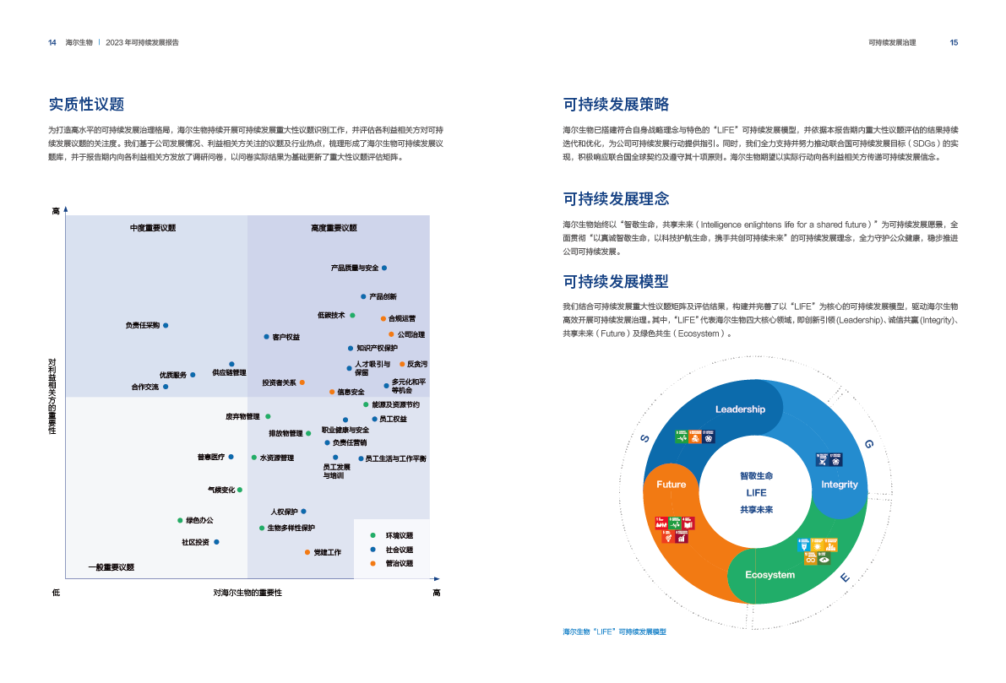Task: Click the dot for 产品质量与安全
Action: click(384, 268)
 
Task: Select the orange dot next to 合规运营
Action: click(383, 318)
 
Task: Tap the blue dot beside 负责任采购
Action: click(166, 325)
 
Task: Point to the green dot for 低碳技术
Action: click(352, 315)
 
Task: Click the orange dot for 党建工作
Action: click(307, 552)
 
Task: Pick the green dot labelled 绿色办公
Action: click(180, 520)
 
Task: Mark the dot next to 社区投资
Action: click(216, 542)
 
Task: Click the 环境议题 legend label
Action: click(400, 535)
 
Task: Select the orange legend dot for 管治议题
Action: click(372, 563)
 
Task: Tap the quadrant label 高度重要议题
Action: click(334, 228)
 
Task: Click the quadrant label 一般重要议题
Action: click(111, 567)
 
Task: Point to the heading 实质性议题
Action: click(86, 105)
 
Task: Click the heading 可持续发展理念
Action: click(616, 199)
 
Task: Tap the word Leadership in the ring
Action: click(740, 409)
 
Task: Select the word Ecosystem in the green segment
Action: click(769, 575)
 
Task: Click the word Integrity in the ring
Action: click(839, 485)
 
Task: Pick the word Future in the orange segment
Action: click(671, 485)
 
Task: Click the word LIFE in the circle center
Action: click(756, 493)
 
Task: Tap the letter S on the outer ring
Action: click(644, 438)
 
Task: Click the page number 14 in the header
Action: click(52, 42)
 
